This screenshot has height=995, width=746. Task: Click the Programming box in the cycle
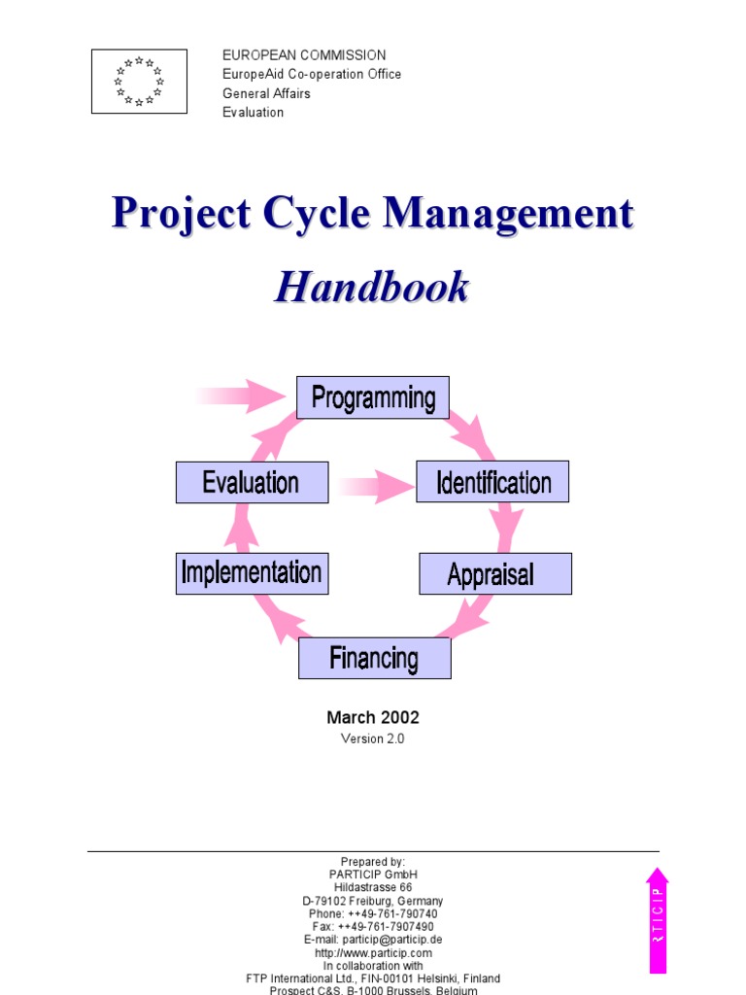point(373,397)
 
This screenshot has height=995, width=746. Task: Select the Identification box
point(492,482)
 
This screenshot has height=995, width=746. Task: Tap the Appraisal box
point(494,573)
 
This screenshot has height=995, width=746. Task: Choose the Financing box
point(374,658)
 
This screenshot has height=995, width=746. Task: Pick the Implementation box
point(252,573)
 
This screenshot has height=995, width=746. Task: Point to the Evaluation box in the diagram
point(252,482)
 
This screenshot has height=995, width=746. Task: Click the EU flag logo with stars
point(139,82)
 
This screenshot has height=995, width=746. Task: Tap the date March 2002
point(373,718)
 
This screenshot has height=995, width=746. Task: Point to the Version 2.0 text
point(372,738)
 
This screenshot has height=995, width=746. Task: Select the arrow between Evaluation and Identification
point(374,484)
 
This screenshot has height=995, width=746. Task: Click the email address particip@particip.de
point(373,940)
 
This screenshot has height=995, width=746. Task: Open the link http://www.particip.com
point(373,953)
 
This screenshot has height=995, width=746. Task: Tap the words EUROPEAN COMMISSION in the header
point(304,55)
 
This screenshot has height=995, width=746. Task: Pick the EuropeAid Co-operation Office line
point(312,74)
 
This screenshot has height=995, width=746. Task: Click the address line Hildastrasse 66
point(373,887)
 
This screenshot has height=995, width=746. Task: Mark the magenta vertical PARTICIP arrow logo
point(658,919)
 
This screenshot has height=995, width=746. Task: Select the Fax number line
point(373,927)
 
